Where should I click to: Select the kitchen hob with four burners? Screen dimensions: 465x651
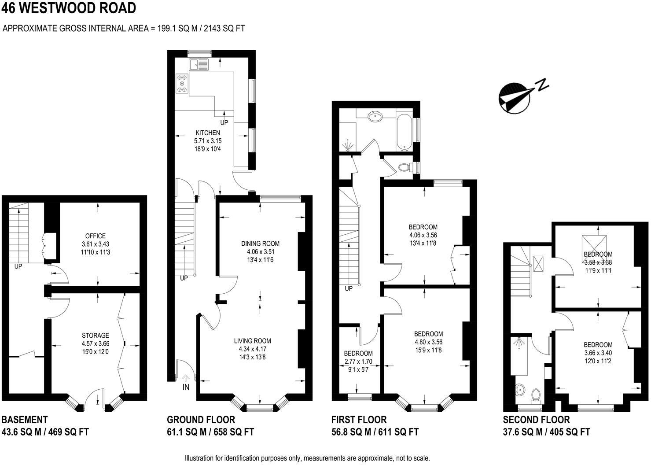182,83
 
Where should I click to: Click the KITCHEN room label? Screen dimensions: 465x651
207,133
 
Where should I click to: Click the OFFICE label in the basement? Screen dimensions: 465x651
96,236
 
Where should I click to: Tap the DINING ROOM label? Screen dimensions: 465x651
260,244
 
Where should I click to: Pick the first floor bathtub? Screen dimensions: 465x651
404,132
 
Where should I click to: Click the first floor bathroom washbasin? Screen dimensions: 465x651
375,118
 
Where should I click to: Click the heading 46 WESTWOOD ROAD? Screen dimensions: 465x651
69,8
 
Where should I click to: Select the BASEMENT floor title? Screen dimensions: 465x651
25,420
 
